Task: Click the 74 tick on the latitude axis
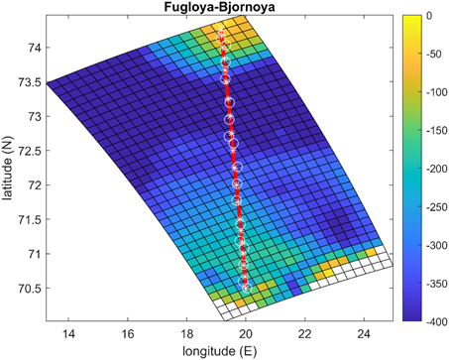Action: coord(32,48)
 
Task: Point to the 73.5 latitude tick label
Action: coord(28,82)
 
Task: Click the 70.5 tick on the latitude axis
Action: coord(28,288)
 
